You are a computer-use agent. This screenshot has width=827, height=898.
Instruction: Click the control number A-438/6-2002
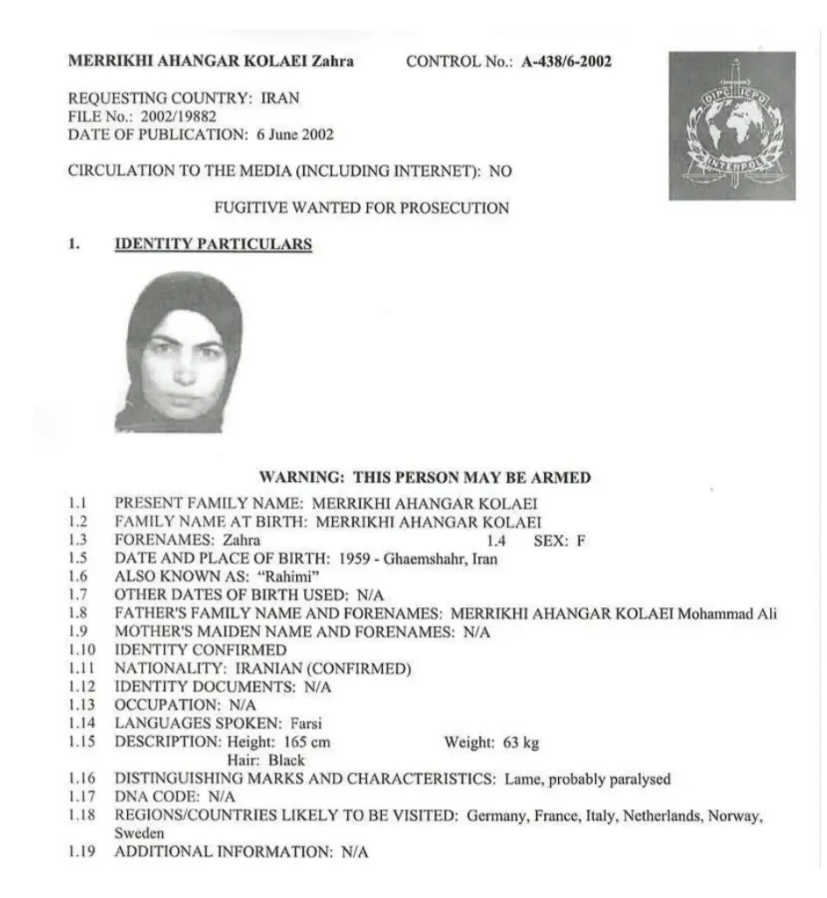coord(567,61)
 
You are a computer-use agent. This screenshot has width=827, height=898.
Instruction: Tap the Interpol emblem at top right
coord(732,125)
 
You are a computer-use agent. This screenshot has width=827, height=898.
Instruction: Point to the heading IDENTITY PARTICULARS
coord(213,244)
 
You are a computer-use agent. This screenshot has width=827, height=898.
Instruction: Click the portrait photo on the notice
coord(179,352)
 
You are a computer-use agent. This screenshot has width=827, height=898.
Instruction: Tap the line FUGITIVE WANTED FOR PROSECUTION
coord(362,209)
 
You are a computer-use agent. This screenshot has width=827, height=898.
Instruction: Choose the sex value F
coord(580,541)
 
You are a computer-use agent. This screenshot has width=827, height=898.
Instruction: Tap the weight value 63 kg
coord(520,743)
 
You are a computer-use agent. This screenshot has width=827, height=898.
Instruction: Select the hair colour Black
coord(286,760)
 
